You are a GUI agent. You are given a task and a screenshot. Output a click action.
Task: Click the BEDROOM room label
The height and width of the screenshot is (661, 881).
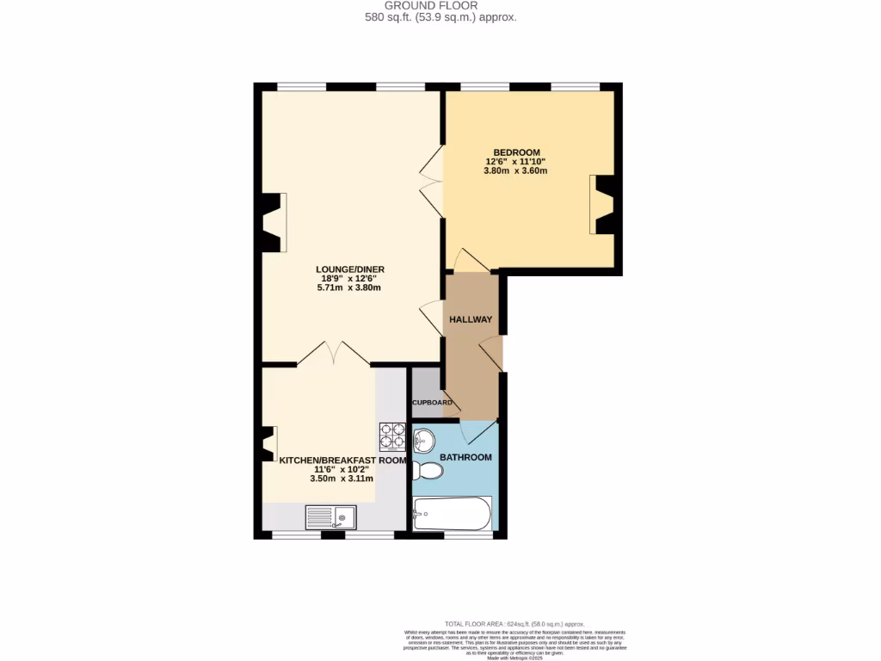click(516, 152)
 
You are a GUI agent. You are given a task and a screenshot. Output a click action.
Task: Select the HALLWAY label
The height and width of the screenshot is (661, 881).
click(471, 319)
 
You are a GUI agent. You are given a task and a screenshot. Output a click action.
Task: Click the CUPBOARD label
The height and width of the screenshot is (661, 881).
click(432, 403)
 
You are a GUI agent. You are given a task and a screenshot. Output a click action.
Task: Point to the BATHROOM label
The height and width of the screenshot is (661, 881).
click(465, 457)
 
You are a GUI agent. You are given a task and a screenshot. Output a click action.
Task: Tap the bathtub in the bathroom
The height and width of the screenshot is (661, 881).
click(452, 515)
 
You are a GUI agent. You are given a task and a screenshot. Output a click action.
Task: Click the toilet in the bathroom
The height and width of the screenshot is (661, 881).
click(428, 471)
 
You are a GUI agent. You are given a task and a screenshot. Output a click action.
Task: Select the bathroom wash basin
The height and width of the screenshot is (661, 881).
click(423, 442)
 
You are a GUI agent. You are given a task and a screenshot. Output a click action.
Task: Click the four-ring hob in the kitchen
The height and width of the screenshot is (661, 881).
click(392, 436)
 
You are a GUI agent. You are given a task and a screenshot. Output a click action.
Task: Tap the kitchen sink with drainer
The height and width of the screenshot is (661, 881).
click(331, 517)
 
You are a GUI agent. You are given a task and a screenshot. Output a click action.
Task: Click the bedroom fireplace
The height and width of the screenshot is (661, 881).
click(603, 205)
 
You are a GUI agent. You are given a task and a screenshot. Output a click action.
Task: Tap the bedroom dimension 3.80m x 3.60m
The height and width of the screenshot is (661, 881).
click(515, 170)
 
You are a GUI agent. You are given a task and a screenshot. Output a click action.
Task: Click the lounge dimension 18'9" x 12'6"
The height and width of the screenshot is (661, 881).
click(353, 279)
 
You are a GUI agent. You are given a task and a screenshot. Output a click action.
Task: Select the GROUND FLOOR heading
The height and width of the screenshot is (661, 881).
click(440, 5)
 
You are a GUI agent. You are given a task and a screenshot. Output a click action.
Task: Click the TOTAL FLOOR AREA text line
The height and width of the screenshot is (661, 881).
click(514, 623)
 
